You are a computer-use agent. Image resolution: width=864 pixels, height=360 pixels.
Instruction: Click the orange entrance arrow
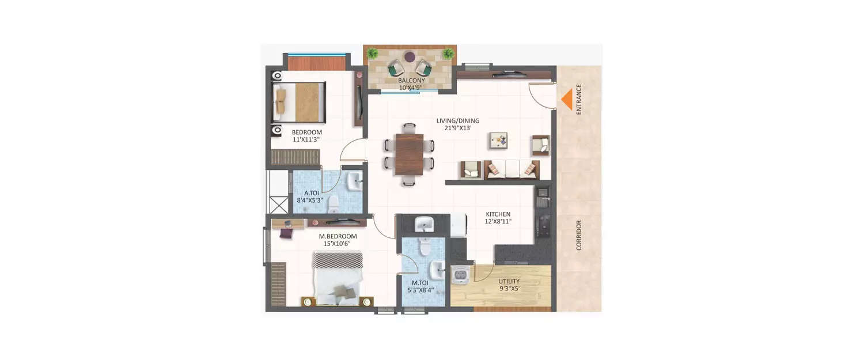tap(567, 98)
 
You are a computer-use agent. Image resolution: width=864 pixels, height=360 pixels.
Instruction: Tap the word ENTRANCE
tap(579, 99)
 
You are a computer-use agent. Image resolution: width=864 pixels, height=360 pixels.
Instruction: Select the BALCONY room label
tap(411, 81)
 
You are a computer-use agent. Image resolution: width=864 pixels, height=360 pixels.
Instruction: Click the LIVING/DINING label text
tap(458, 120)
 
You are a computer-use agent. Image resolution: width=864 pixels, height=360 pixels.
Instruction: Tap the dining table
tap(409, 154)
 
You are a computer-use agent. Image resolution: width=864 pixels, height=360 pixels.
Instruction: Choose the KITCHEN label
tap(498, 214)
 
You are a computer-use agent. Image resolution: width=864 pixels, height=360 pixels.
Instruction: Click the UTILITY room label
tap(509, 281)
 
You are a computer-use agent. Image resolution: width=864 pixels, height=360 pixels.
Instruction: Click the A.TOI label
tap(311, 193)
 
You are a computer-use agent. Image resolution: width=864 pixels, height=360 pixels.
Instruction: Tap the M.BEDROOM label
tap(338, 236)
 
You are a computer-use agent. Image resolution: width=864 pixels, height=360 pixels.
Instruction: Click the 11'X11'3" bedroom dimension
tap(306, 139)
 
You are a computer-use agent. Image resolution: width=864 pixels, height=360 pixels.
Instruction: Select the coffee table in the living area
tap(498, 140)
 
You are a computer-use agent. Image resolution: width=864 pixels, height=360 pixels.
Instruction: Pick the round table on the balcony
tap(409, 57)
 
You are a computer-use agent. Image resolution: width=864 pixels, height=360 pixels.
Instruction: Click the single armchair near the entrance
tap(540, 145)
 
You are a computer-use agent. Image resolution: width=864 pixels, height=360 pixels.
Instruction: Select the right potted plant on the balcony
tap(448, 54)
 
